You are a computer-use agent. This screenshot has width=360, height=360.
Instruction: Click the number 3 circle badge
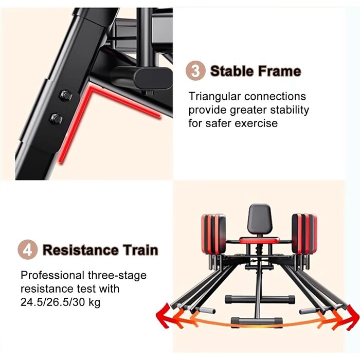[x=195, y=71]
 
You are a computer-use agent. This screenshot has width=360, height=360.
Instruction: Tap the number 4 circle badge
[x=28, y=249]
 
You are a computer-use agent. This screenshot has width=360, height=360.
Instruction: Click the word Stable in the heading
[x=231, y=71]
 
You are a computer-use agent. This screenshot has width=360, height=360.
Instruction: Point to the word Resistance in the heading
[x=81, y=250]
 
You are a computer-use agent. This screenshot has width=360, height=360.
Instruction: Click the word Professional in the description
[x=52, y=275]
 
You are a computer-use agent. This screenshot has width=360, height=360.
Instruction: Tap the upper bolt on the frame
[x=66, y=96]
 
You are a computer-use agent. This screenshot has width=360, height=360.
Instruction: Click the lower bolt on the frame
[x=57, y=119]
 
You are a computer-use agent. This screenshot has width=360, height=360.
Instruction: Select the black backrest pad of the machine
[x=260, y=218]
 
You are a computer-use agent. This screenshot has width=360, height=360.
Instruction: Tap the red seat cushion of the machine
[x=259, y=241]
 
